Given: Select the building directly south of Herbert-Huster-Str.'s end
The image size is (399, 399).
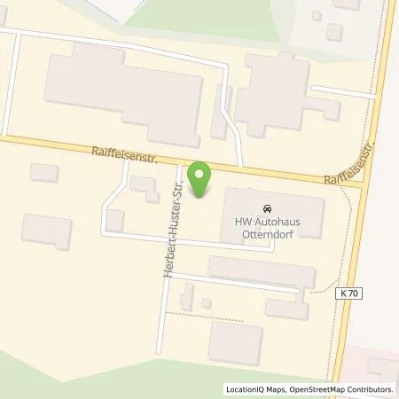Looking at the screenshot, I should pos(235,343).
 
